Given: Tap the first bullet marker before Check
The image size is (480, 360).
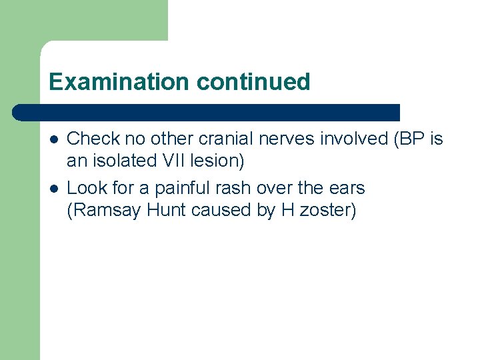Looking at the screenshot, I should click(53, 139).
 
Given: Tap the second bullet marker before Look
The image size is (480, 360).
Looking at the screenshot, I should click(53, 189).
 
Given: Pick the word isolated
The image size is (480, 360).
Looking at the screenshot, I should click(127, 161).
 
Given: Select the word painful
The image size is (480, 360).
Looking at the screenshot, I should click(181, 189).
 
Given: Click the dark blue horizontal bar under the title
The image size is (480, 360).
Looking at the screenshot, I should click(207, 112).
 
